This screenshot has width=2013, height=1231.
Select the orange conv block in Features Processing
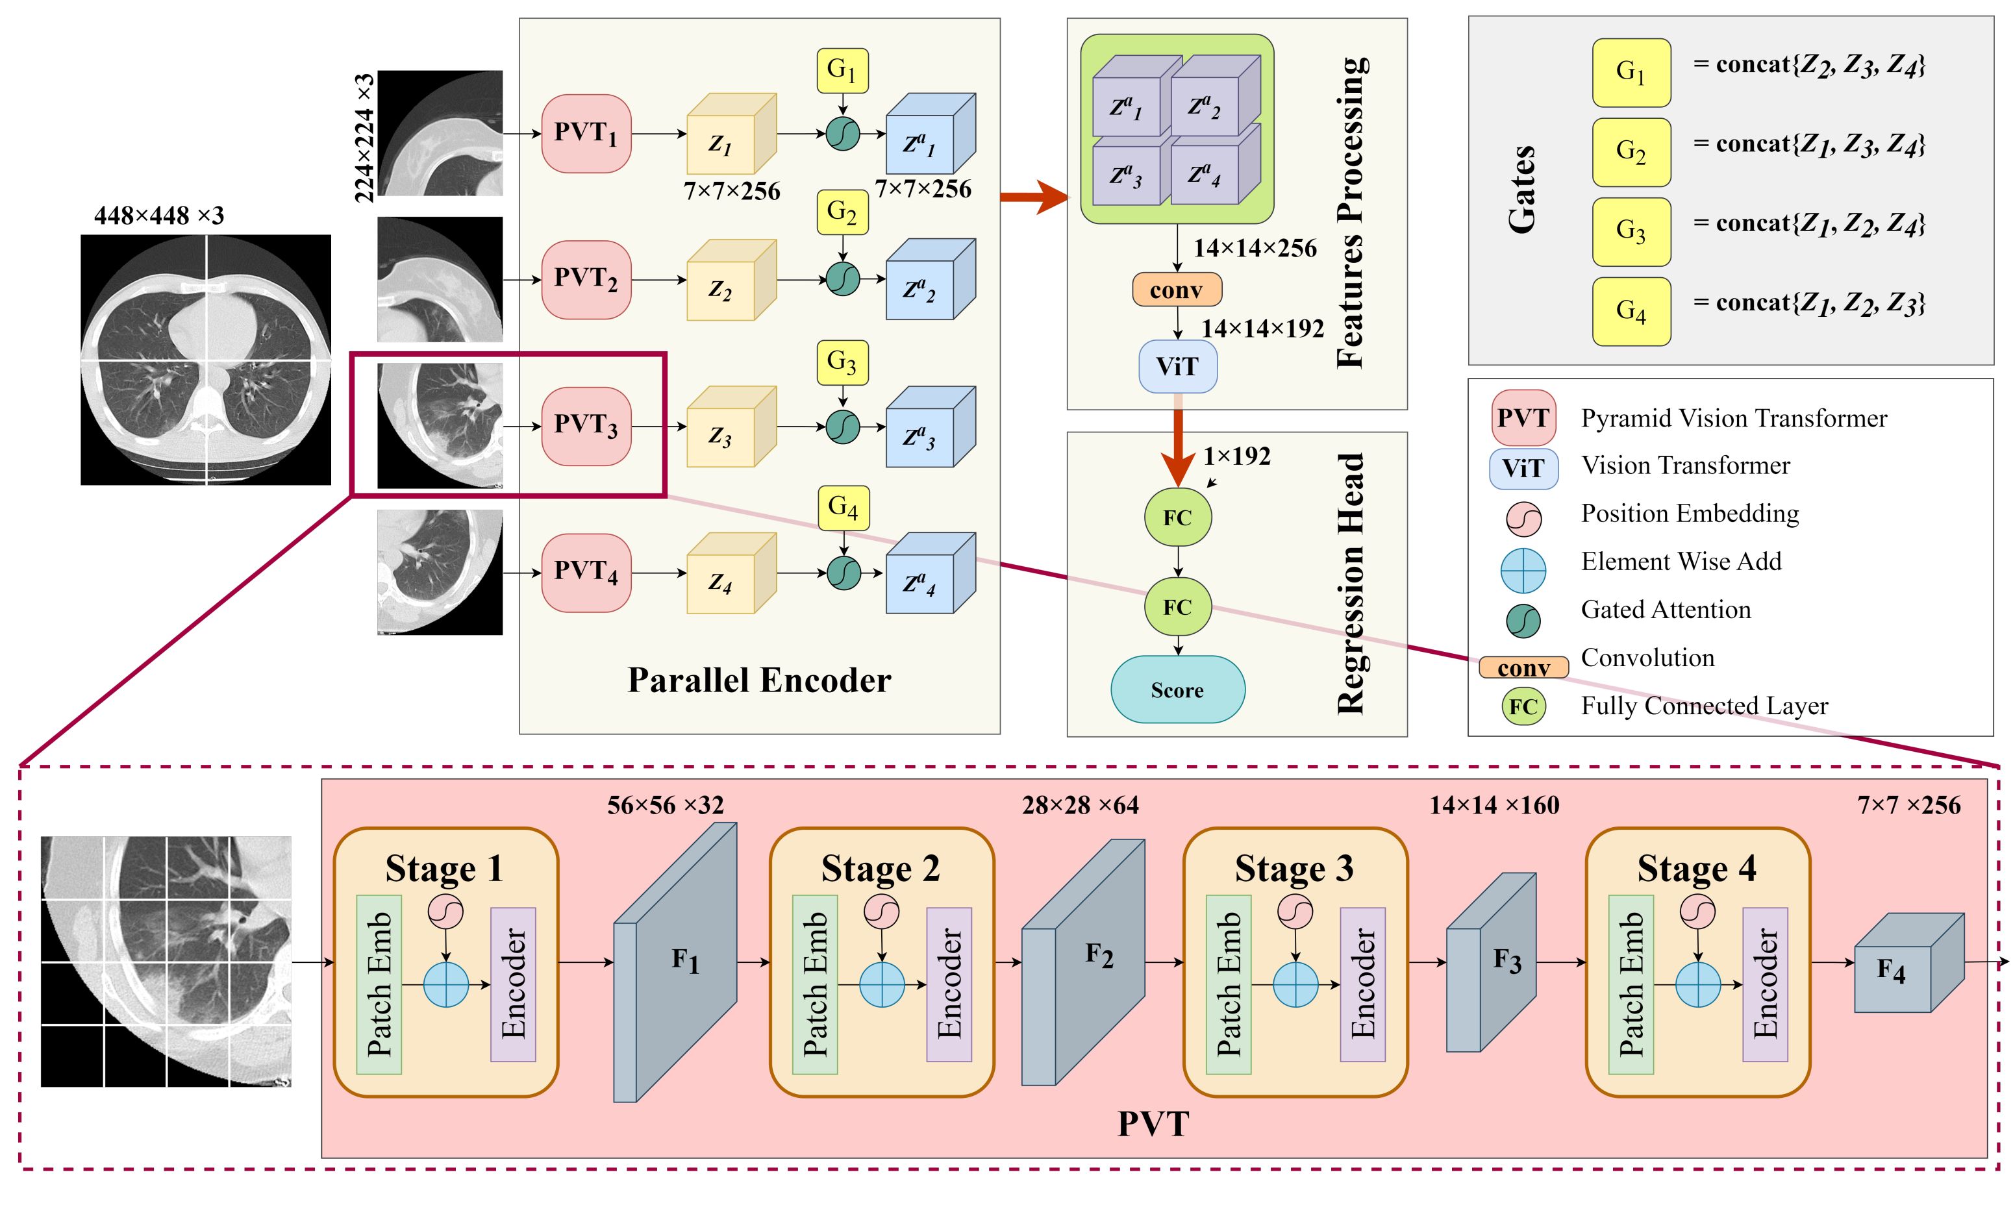[x=1177, y=290]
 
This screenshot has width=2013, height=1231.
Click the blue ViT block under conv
[x=1177, y=367]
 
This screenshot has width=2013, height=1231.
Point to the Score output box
[x=1177, y=690]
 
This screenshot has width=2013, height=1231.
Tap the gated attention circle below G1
[x=842, y=134]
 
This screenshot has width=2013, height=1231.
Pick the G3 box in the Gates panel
[x=1631, y=231]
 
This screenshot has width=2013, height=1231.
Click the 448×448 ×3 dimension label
[x=158, y=216]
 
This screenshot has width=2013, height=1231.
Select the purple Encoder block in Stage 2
[x=949, y=984]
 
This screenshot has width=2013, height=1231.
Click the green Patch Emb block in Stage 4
[x=1631, y=984]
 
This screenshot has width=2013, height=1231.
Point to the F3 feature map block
[x=1492, y=962]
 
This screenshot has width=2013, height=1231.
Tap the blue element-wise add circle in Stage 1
[x=446, y=984]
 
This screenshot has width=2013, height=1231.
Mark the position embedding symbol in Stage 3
[x=1295, y=912]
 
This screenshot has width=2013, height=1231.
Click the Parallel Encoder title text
[x=758, y=680]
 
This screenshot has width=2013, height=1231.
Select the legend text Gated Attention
[x=1665, y=610]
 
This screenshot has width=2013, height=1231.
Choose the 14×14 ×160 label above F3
[x=1494, y=806]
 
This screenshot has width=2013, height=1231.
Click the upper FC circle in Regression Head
[x=1177, y=517]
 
